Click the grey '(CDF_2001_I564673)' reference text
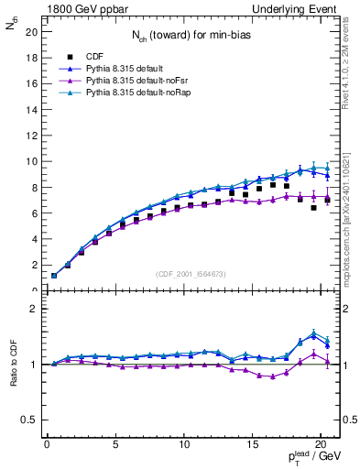(191, 273)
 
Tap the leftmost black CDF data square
(54, 276)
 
